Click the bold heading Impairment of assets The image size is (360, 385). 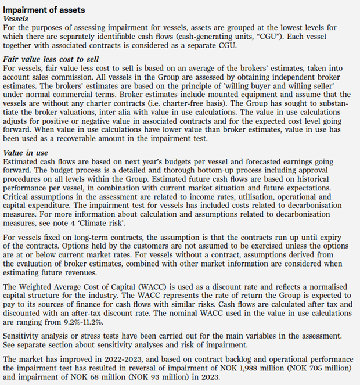44,10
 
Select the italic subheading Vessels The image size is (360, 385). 17,19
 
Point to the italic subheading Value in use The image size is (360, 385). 27,152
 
